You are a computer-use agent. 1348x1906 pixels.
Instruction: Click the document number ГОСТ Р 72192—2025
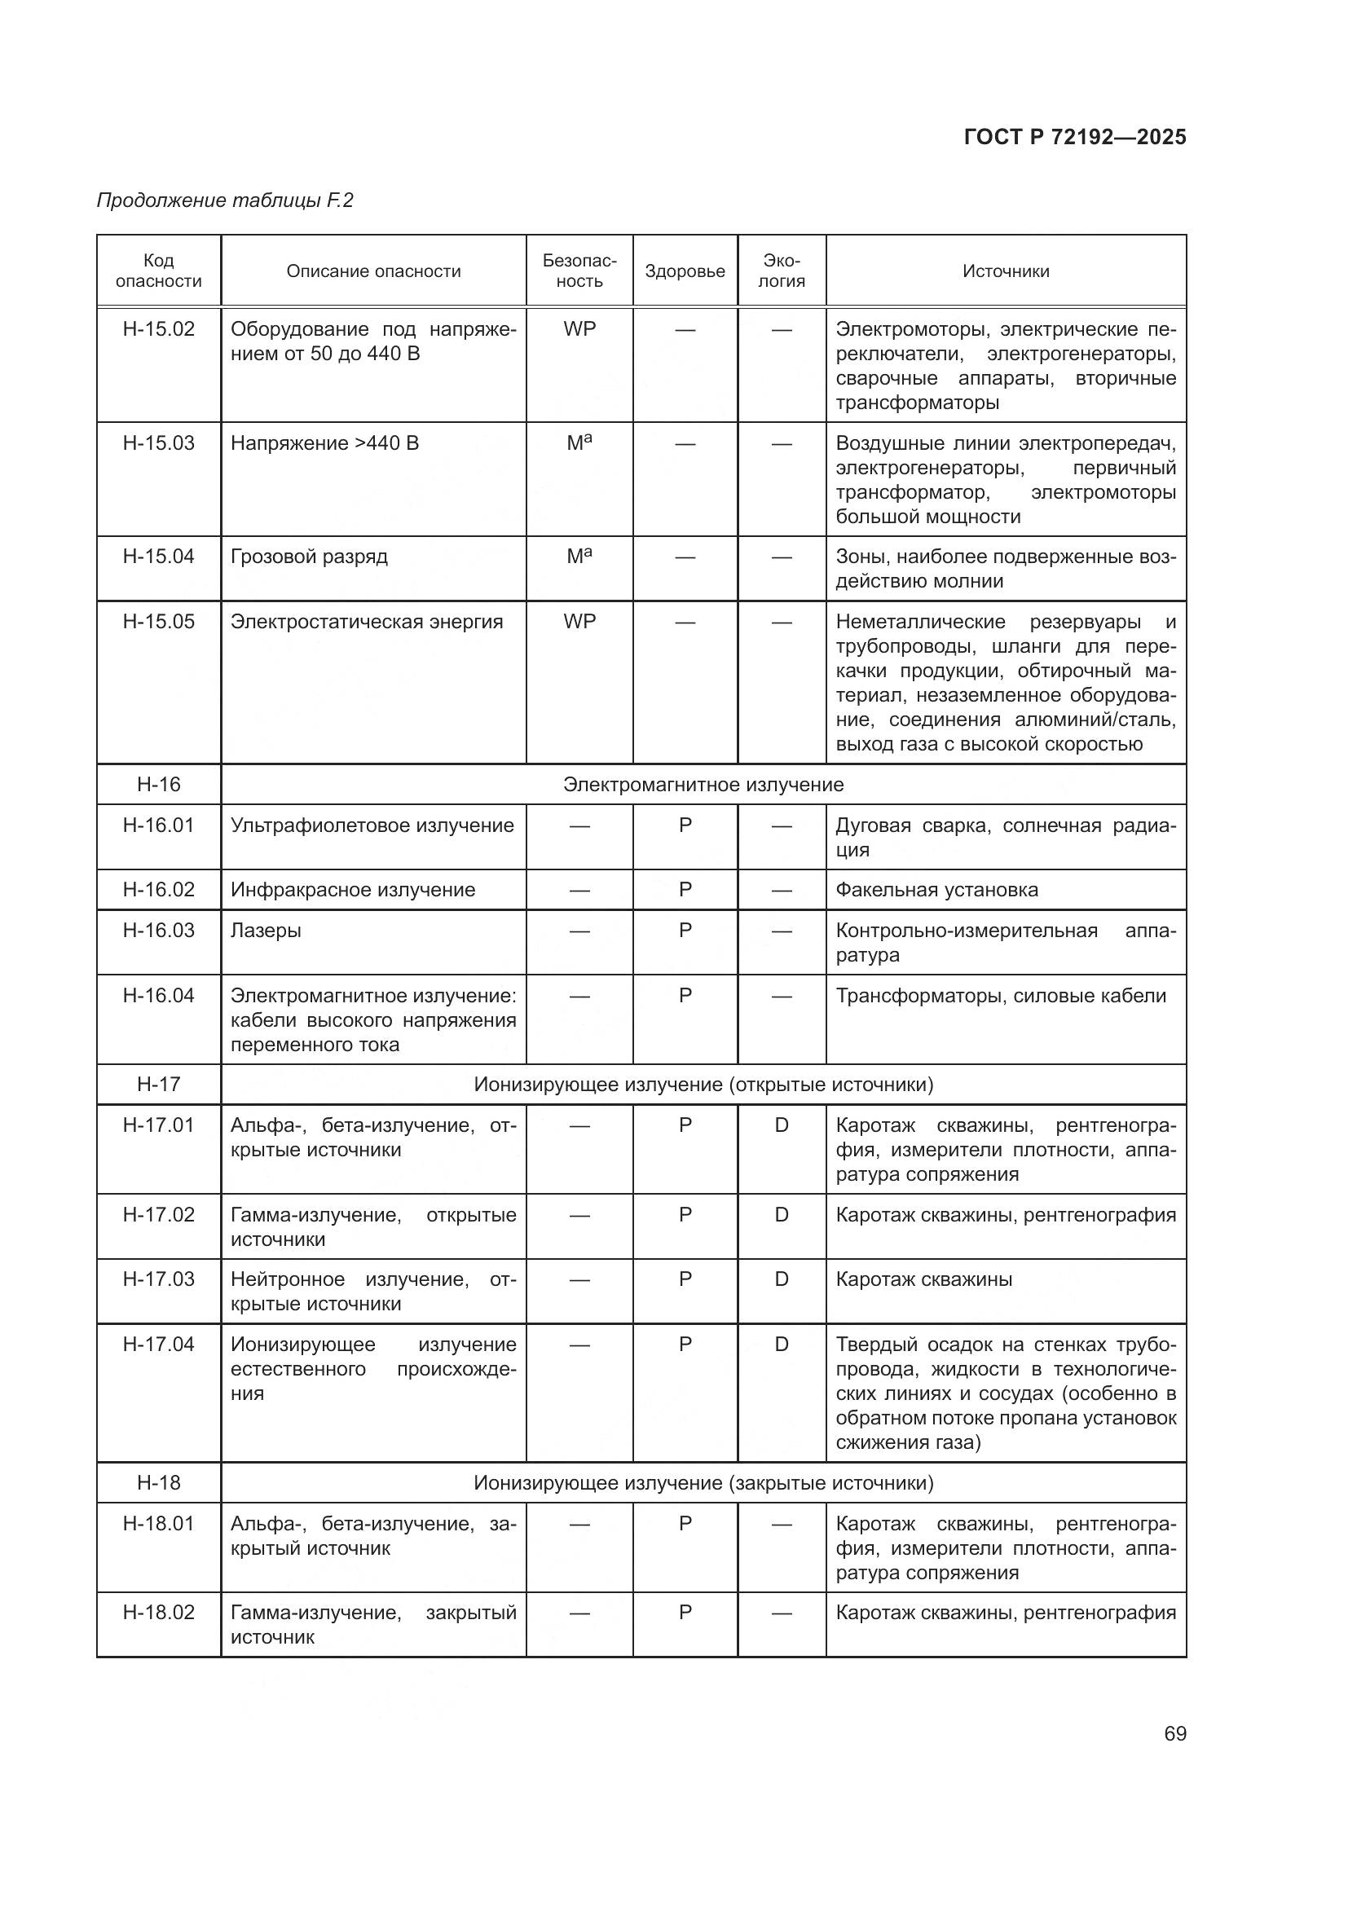coord(1074,137)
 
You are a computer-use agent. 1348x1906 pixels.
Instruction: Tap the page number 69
coord(1174,1734)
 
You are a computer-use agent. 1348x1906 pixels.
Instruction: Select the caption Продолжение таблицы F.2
coord(225,200)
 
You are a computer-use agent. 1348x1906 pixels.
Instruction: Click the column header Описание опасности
coord(373,271)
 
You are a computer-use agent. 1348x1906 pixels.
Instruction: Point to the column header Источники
coord(1005,271)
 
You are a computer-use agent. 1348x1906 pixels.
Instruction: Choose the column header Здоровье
coord(685,271)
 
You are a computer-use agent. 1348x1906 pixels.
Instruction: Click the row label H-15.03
coord(159,443)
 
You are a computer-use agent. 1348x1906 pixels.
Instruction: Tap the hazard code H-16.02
coord(159,890)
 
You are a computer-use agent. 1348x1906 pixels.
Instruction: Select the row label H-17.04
coord(159,1345)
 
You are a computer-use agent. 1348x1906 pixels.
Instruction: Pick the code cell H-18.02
coord(159,1613)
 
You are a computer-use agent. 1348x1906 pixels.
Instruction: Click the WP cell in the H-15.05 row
coord(579,622)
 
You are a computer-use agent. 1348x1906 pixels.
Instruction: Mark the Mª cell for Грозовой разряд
coord(579,557)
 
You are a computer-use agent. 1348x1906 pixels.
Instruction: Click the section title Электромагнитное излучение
coord(703,785)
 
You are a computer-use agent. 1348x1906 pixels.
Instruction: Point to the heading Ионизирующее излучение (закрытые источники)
coord(703,1483)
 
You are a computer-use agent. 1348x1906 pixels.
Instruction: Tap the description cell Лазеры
coord(266,931)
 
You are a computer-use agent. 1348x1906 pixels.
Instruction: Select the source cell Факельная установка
coord(936,890)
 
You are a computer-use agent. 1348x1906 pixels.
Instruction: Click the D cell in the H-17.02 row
coord(781,1215)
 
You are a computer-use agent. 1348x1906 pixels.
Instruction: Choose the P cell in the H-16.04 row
coord(685,995)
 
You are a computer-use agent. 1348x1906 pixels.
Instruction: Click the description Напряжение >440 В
coord(324,443)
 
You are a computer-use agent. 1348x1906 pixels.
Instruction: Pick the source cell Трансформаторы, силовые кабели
coord(1000,996)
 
